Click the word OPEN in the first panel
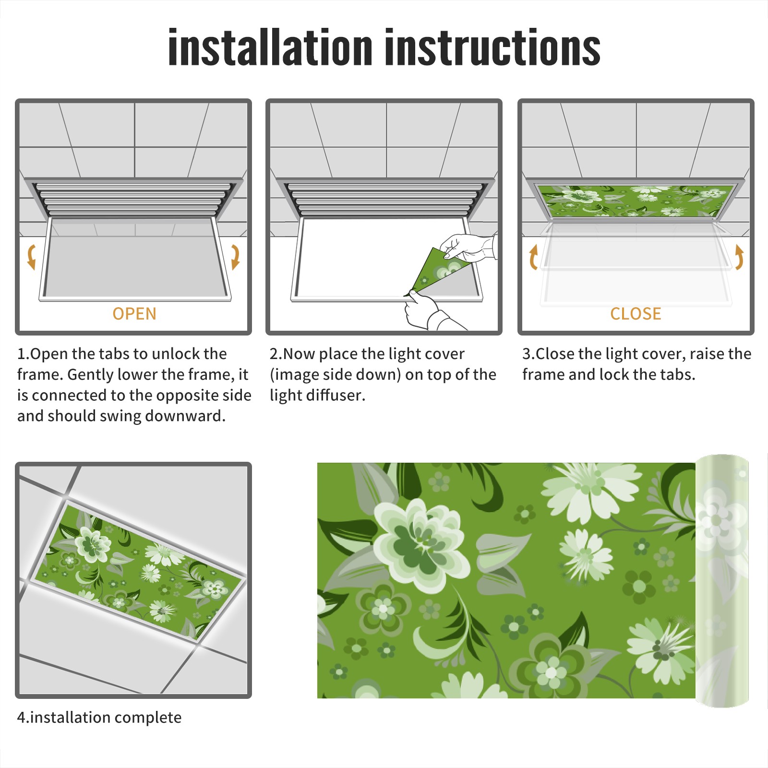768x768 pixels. coord(134,314)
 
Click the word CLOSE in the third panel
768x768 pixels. coord(636,314)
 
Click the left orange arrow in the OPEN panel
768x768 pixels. coord(31,257)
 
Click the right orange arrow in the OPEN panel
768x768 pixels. coord(235,257)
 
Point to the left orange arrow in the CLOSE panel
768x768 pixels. coord(533,257)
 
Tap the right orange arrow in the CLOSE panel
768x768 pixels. coord(739,257)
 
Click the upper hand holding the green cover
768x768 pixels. coord(468,247)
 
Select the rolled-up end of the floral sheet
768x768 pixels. coord(722,581)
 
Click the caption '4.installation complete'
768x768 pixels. coord(99,718)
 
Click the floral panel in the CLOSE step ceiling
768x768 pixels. coord(636,201)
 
